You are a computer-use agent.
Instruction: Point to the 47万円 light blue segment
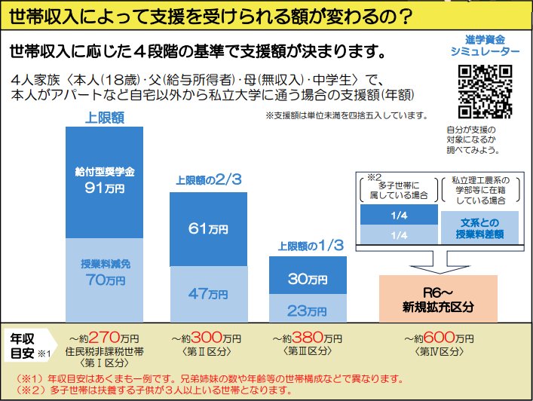[208, 294]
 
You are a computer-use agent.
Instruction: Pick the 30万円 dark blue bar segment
[306, 278]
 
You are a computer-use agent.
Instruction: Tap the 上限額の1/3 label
[305, 245]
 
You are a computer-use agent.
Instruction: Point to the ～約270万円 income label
[105, 338]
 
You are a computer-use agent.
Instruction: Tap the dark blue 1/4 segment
[400, 215]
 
